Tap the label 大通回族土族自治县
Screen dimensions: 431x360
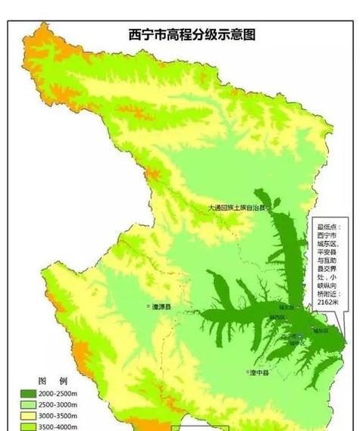coord(239,207)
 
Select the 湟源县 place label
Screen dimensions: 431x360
coord(162,307)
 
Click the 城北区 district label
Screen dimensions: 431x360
coord(286,308)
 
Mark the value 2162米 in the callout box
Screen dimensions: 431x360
coord(328,301)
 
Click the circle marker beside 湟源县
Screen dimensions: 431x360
coord(149,307)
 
